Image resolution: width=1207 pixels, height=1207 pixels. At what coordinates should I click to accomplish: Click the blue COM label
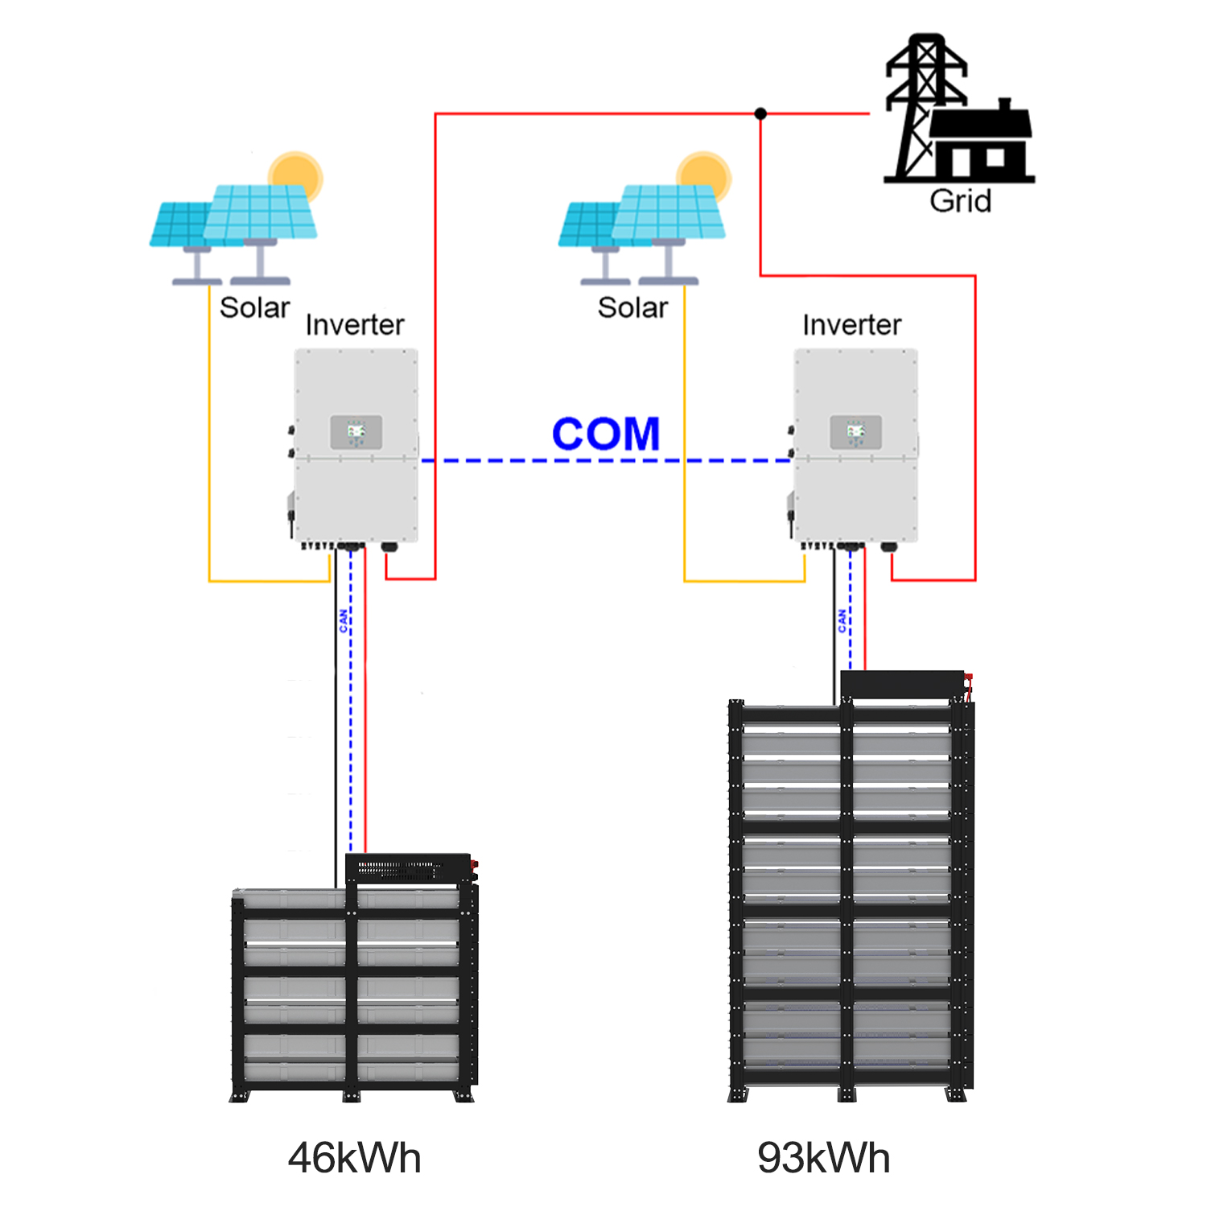tap(606, 434)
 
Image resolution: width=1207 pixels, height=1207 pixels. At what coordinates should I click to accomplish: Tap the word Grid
tap(961, 200)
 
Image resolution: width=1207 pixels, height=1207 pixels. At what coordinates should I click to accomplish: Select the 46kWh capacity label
tap(354, 1158)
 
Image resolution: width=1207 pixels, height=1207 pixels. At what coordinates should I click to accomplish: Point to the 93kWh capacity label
tap(823, 1158)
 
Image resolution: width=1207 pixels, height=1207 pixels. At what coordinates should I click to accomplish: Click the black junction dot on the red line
tap(760, 113)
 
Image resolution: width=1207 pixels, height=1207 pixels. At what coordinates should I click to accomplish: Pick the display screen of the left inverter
tap(356, 433)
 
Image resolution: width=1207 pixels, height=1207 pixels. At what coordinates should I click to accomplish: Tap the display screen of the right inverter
tap(856, 433)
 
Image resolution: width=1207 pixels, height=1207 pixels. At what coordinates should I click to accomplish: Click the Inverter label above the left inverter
tap(355, 325)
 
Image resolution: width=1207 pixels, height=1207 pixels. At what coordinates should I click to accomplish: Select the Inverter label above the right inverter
tap(852, 325)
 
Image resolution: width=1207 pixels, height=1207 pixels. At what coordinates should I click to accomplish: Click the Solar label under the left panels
tap(254, 307)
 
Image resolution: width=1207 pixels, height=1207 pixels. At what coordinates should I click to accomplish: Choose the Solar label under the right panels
tap(632, 307)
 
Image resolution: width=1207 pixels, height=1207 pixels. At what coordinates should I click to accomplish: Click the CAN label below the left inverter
tap(344, 620)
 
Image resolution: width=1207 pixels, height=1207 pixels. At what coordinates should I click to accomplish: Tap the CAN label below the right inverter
tap(842, 620)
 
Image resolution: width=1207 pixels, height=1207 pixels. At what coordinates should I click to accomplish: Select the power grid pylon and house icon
tap(958, 109)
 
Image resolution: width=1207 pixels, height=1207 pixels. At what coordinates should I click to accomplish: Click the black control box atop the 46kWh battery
tap(409, 868)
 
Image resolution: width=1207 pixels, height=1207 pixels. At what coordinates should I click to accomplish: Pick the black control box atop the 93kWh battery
tap(903, 685)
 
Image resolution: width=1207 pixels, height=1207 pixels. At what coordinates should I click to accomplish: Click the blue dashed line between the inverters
tap(606, 461)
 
